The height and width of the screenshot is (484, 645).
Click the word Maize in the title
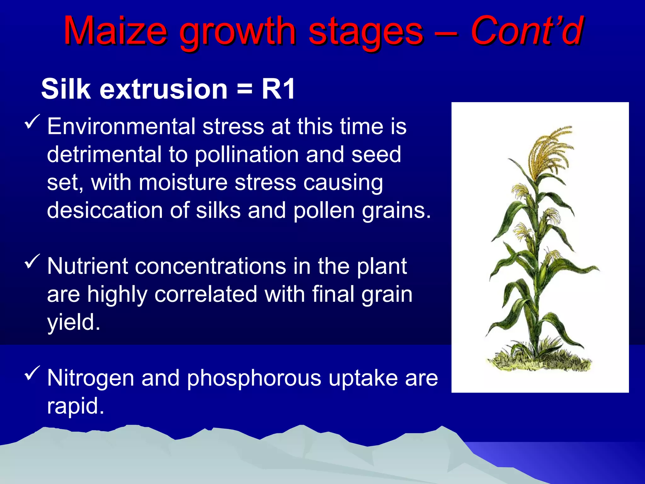(115, 31)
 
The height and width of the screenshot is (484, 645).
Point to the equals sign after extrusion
(244, 89)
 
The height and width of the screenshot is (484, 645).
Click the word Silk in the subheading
(66, 89)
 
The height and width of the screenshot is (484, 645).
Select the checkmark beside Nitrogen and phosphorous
(32, 373)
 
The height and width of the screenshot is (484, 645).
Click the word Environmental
(121, 127)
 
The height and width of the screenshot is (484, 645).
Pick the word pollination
(247, 155)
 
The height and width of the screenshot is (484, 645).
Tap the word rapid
(75, 406)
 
